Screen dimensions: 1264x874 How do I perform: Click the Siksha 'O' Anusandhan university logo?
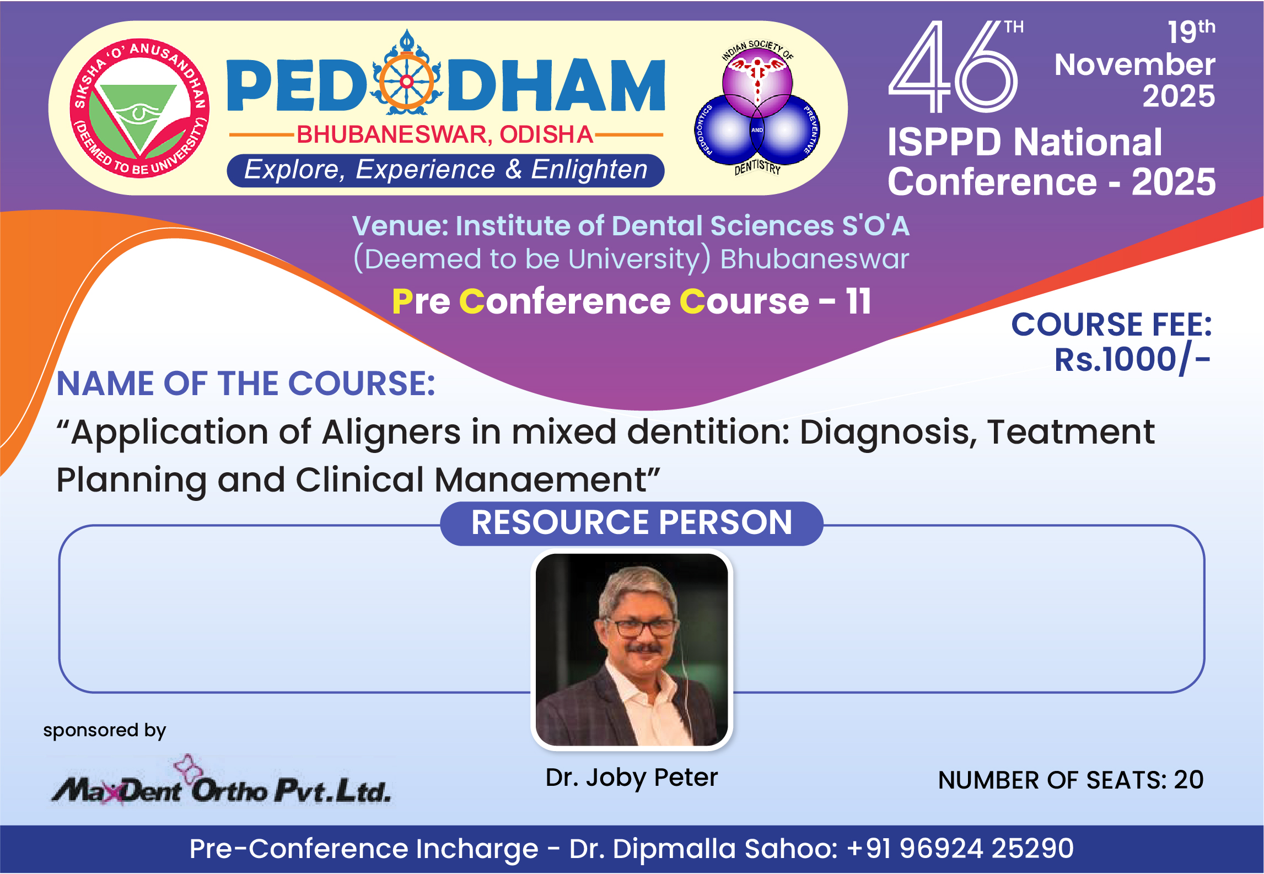[139, 109]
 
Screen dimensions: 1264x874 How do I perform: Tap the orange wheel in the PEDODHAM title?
[407, 82]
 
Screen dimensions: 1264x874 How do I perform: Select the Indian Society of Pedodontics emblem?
[757, 108]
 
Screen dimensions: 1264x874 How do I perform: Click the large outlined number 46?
[953, 67]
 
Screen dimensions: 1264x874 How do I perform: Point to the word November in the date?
[1134, 64]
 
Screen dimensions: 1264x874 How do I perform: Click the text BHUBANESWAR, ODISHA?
[445, 134]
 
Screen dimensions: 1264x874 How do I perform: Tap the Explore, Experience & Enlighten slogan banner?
[445, 170]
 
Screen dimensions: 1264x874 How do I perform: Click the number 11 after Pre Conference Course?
[858, 301]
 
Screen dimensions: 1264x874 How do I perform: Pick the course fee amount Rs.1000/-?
[1132, 360]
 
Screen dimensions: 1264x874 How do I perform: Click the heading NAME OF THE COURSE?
[246, 384]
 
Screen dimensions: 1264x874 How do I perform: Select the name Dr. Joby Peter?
[632, 778]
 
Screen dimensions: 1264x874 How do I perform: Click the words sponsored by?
[105, 731]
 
